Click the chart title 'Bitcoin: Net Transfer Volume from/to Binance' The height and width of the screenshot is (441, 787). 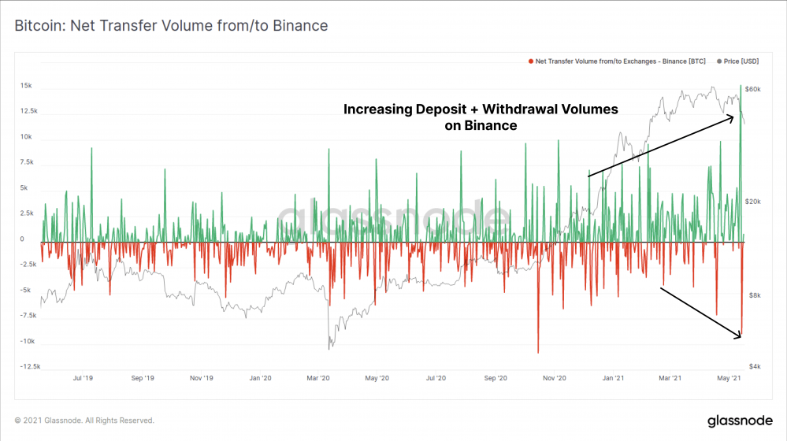coord(171,26)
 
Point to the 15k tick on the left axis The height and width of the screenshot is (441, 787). coord(26,85)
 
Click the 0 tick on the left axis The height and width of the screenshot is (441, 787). coord(22,239)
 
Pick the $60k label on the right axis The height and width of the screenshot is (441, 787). coord(753,89)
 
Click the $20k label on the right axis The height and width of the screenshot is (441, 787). coord(753,202)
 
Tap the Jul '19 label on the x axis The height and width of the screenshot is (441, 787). coord(83,379)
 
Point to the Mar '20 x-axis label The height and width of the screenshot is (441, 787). coord(318,379)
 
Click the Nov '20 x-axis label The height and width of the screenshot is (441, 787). coord(555,379)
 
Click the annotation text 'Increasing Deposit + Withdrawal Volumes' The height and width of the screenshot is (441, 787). coord(481,109)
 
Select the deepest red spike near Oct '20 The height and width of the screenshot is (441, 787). coord(538,352)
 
